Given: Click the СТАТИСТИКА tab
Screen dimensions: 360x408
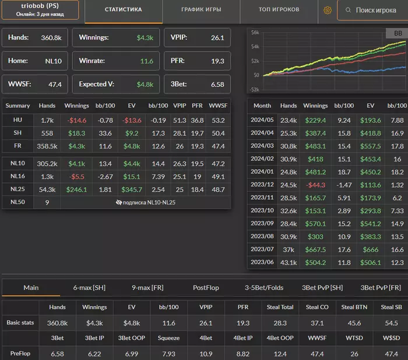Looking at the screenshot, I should pos(123,10).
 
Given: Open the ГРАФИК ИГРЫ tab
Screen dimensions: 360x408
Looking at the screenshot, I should pos(201,10).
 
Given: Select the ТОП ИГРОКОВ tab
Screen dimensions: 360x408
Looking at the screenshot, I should pos(279,10).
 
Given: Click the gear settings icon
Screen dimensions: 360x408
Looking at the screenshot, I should pos(328,10).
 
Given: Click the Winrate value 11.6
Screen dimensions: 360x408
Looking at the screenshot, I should pos(146,61).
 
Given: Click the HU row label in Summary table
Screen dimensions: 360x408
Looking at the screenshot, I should pos(17,119).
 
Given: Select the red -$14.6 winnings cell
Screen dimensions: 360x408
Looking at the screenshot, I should pos(76,119).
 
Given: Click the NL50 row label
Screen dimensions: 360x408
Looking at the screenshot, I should pos(17,202).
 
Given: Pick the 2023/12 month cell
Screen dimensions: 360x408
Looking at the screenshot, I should pos(262,185).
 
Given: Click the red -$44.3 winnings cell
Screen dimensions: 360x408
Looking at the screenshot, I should pos(315,185).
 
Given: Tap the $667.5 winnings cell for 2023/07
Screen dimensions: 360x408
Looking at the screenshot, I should pos(315,249).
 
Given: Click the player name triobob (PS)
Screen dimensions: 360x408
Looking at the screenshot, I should pos(40,6).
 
